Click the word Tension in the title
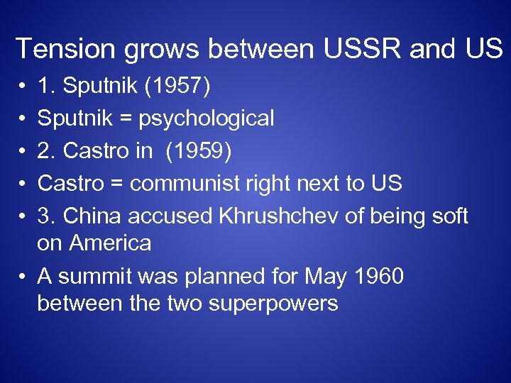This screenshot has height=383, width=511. pos(62,49)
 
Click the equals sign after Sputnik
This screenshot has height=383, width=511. pos(126,118)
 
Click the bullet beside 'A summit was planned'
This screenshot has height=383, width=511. pos(24,277)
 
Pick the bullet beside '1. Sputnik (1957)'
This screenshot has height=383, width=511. pos(24,87)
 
